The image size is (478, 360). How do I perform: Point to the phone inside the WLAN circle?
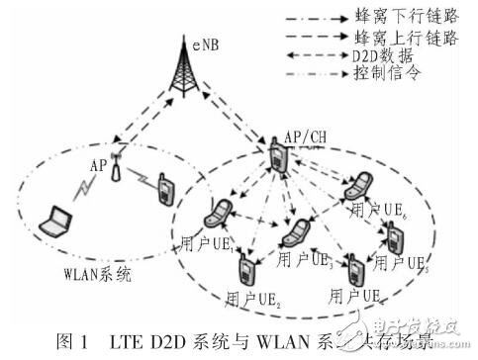[160, 189]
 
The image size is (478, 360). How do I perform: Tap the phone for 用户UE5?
[394, 237]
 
